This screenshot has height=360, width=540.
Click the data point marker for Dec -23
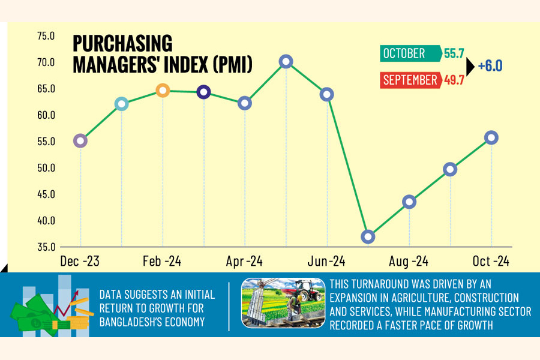(x=80, y=141)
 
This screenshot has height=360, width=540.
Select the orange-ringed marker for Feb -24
(x=163, y=91)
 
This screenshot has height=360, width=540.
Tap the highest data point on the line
(x=286, y=61)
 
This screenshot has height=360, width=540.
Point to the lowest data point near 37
(x=368, y=236)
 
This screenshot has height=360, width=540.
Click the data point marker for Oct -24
(x=491, y=137)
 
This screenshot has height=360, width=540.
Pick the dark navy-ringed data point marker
(x=204, y=92)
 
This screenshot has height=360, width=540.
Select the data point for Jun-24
(x=327, y=94)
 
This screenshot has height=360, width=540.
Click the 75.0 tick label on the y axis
(x=46, y=36)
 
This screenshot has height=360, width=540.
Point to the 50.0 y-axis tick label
(x=46, y=168)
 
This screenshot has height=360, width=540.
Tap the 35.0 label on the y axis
(x=46, y=247)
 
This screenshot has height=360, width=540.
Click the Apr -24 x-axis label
(x=245, y=262)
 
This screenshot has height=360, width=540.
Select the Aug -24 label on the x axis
(x=409, y=262)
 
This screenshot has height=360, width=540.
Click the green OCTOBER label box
(x=411, y=53)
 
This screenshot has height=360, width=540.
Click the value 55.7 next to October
(x=454, y=53)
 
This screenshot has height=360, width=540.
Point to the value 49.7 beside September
(x=454, y=80)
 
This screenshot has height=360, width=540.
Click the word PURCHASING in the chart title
(x=122, y=44)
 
